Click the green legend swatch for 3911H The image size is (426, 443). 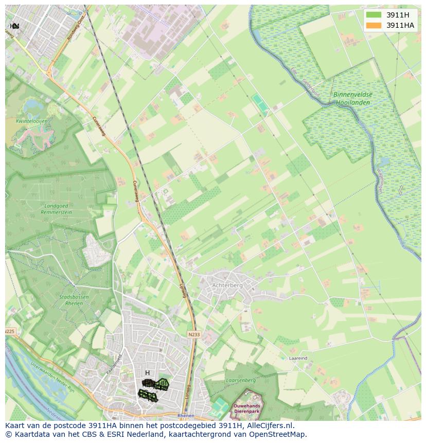click(x=374, y=15)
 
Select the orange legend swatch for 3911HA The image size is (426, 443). click(x=374, y=25)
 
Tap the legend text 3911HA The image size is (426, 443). click(x=400, y=25)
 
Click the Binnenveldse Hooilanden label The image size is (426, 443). click(x=352, y=98)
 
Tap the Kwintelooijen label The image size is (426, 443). click(x=31, y=121)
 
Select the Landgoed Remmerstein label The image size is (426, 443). click(x=57, y=208)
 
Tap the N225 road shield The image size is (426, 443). click(x=10, y=331)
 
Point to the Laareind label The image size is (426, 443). click(x=298, y=358)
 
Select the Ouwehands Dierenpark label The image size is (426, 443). click(x=246, y=409)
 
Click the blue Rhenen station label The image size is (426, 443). click(x=186, y=415)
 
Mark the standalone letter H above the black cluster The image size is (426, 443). click(x=147, y=373)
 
